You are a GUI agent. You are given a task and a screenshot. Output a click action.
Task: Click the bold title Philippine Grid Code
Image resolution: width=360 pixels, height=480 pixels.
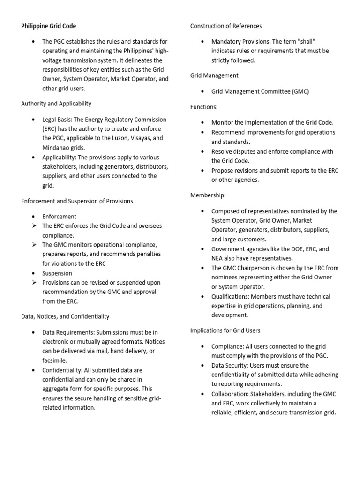(x=48, y=26)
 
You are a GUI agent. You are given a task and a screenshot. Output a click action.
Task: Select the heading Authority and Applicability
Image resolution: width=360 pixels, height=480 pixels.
(x=56, y=103)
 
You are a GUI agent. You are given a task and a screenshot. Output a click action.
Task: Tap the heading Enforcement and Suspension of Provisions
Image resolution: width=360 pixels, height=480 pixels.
(x=77, y=201)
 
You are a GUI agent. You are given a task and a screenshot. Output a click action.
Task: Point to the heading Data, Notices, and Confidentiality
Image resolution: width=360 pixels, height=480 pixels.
(x=65, y=316)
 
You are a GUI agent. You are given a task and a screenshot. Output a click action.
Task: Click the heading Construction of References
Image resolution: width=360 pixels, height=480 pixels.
(x=226, y=26)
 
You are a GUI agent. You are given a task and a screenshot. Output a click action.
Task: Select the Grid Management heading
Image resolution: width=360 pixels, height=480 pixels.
(x=214, y=75)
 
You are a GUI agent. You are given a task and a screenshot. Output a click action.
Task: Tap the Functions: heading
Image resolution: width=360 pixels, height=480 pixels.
(x=204, y=107)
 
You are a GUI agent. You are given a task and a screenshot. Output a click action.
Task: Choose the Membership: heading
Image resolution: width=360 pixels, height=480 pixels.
(x=208, y=195)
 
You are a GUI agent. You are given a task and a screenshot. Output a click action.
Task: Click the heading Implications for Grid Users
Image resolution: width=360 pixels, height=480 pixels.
(x=225, y=330)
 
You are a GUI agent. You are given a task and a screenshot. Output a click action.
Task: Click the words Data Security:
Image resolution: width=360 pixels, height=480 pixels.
(x=229, y=365)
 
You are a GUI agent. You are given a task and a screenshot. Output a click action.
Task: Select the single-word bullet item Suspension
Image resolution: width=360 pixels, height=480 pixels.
(x=57, y=273)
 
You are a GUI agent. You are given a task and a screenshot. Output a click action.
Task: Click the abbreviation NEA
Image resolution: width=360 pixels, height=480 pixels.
(x=217, y=258)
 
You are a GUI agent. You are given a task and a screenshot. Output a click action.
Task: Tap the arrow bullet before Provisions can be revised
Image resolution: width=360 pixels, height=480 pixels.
(x=34, y=282)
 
